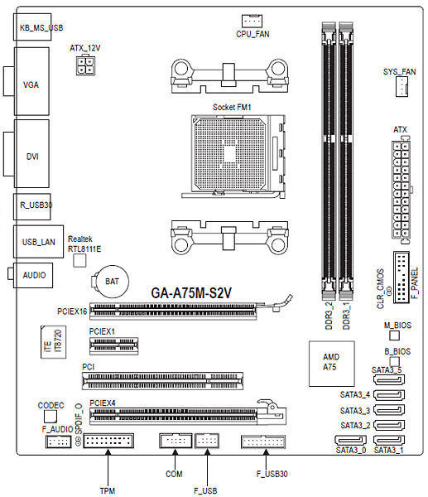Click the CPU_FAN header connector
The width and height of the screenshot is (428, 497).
(252, 21)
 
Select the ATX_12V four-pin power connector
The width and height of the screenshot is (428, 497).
(85, 65)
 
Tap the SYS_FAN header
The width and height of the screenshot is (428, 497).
(402, 87)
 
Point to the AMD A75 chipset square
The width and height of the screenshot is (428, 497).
(331, 364)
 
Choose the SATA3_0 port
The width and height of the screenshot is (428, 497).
(350, 441)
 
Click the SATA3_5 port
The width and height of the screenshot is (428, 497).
(389, 379)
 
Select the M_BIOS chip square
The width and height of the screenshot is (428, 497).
(394, 335)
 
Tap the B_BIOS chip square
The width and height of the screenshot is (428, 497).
(394, 361)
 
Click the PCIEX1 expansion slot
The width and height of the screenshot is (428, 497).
(114, 345)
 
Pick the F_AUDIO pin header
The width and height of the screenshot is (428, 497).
(59, 441)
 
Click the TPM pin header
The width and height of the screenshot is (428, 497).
(108, 441)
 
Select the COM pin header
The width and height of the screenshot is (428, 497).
(176, 441)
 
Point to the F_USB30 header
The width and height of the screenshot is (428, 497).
(263, 442)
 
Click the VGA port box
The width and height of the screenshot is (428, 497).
(31, 81)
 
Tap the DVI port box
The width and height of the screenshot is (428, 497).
(31, 153)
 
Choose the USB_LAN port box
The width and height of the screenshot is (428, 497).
(38, 242)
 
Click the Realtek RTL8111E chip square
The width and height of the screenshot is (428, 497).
(79, 261)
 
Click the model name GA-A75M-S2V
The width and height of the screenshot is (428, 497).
(191, 293)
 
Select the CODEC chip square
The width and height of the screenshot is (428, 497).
(50, 416)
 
